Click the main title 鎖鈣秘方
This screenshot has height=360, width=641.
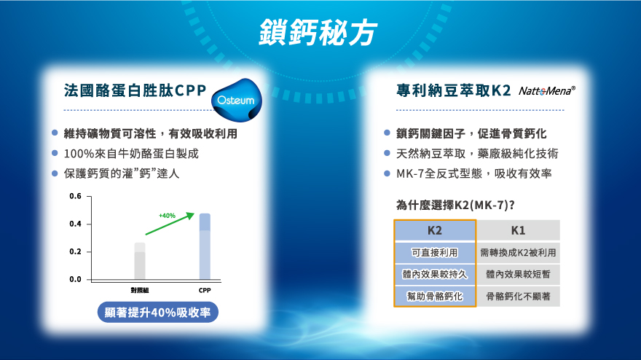(x=318, y=32)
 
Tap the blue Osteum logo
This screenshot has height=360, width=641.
(x=237, y=100)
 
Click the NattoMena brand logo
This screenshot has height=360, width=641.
(x=547, y=91)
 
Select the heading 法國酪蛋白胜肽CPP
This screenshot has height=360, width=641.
(x=135, y=90)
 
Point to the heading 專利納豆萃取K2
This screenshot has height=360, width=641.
(x=453, y=90)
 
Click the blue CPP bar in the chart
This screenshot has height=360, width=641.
(x=205, y=246)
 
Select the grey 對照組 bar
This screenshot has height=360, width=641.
(x=140, y=261)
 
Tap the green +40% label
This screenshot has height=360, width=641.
(x=168, y=216)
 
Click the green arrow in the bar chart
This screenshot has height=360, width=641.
(x=170, y=224)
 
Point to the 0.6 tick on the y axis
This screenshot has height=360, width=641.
(x=75, y=196)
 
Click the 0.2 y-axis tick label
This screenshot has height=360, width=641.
(x=75, y=251)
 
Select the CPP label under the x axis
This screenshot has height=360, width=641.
(x=205, y=290)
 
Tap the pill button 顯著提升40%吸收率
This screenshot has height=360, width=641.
(x=158, y=313)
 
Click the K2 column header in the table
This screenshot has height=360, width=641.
(x=435, y=230)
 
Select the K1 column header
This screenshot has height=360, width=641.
(x=519, y=230)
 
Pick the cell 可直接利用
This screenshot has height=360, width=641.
(x=435, y=253)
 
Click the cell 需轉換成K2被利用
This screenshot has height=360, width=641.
(x=519, y=253)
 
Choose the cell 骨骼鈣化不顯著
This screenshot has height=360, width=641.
(x=519, y=296)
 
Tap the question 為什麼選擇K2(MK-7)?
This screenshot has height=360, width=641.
(x=455, y=205)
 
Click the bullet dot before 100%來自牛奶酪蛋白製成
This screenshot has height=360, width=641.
(x=55, y=153)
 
